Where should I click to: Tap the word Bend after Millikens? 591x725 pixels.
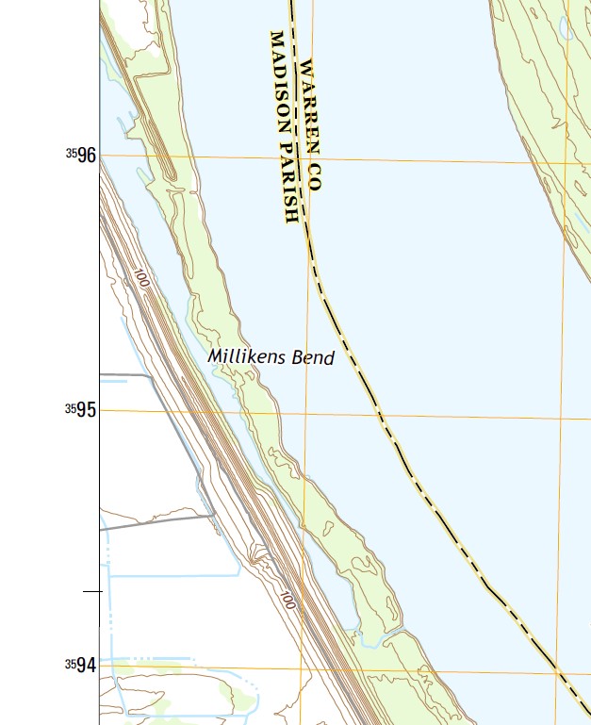point(313,358)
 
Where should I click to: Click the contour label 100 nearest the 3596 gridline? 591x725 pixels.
point(141,279)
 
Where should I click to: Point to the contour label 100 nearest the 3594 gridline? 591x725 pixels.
point(287,599)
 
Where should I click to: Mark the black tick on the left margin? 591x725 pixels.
point(91,591)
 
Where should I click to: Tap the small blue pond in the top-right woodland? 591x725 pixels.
point(565,32)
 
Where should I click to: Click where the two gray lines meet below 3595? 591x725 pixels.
point(216,515)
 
